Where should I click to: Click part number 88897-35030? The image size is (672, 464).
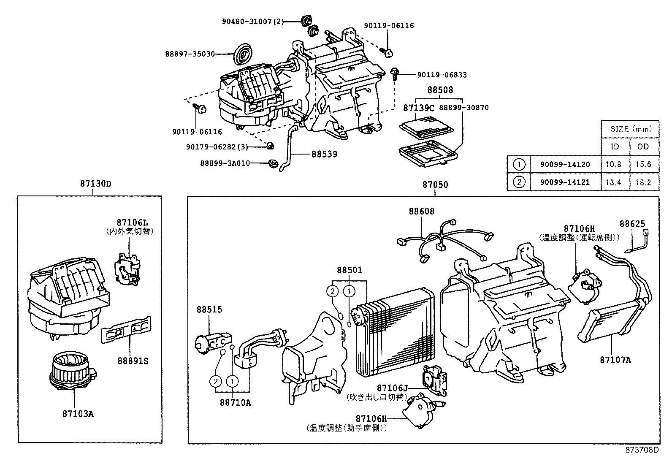tap(190, 54)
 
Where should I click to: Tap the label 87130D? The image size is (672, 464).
tap(92, 184)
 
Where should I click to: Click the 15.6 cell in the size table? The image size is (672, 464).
tap(643, 165)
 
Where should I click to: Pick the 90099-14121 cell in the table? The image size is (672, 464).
tap(565, 182)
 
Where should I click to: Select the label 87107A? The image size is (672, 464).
tap(615, 360)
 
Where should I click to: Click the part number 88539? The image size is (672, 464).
tap(324, 154)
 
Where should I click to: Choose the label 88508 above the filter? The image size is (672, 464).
tap(440, 90)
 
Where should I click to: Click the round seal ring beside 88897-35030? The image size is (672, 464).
tap(243, 54)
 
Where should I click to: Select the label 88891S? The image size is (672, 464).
tap(133, 361)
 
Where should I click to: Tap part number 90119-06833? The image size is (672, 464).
tap(442, 75)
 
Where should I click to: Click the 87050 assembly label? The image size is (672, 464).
tap(435, 185)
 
